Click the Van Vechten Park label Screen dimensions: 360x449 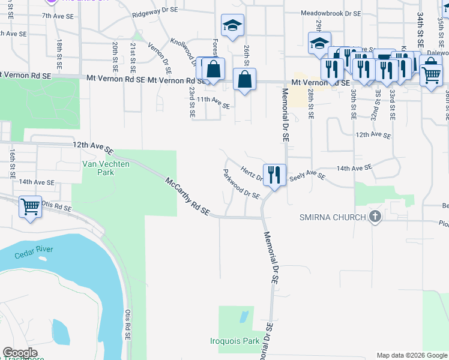pyautogui.click(x=98, y=167)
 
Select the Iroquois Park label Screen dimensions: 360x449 pyautogui.click(x=235, y=341)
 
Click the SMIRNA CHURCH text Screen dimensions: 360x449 pyautogui.click(x=333, y=217)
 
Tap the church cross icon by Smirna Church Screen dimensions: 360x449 pyautogui.click(x=375, y=217)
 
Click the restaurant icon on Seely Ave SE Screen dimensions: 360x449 pyautogui.click(x=274, y=175)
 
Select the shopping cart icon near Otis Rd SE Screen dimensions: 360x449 pyautogui.click(x=30, y=207)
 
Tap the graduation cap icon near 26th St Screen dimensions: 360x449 pyautogui.click(x=232, y=26)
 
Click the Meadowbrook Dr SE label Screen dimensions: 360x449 pyautogui.click(x=331, y=13)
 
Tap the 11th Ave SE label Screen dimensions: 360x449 pyautogui.click(x=213, y=102)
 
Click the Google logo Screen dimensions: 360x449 pyautogui.click(x=20, y=353)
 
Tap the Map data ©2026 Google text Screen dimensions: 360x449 pyautogui.click(x=411, y=355)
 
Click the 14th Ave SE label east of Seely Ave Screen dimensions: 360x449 pyautogui.click(x=351, y=166)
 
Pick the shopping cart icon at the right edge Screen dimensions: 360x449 pyautogui.click(x=430, y=76)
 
